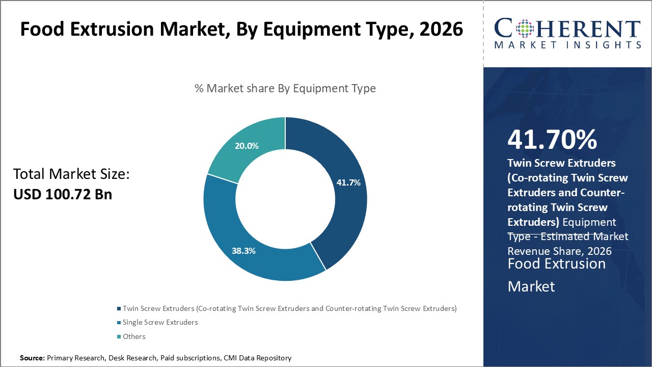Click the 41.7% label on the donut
[x=348, y=182]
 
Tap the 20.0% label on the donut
[x=247, y=146]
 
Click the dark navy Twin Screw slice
[x=341, y=214]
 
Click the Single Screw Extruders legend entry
[x=160, y=322]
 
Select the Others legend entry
[x=134, y=336]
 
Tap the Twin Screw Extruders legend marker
[x=119, y=308]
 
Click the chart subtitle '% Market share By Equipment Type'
[x=285, y=88]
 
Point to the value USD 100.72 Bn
[x=63, y=194]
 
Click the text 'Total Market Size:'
[x=72, y=175]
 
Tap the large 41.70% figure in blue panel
[x=552, y=140]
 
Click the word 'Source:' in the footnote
[x=32, y=358]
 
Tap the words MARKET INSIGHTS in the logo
[x=567, y=45]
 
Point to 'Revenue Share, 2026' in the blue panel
[x=559, y=251]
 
